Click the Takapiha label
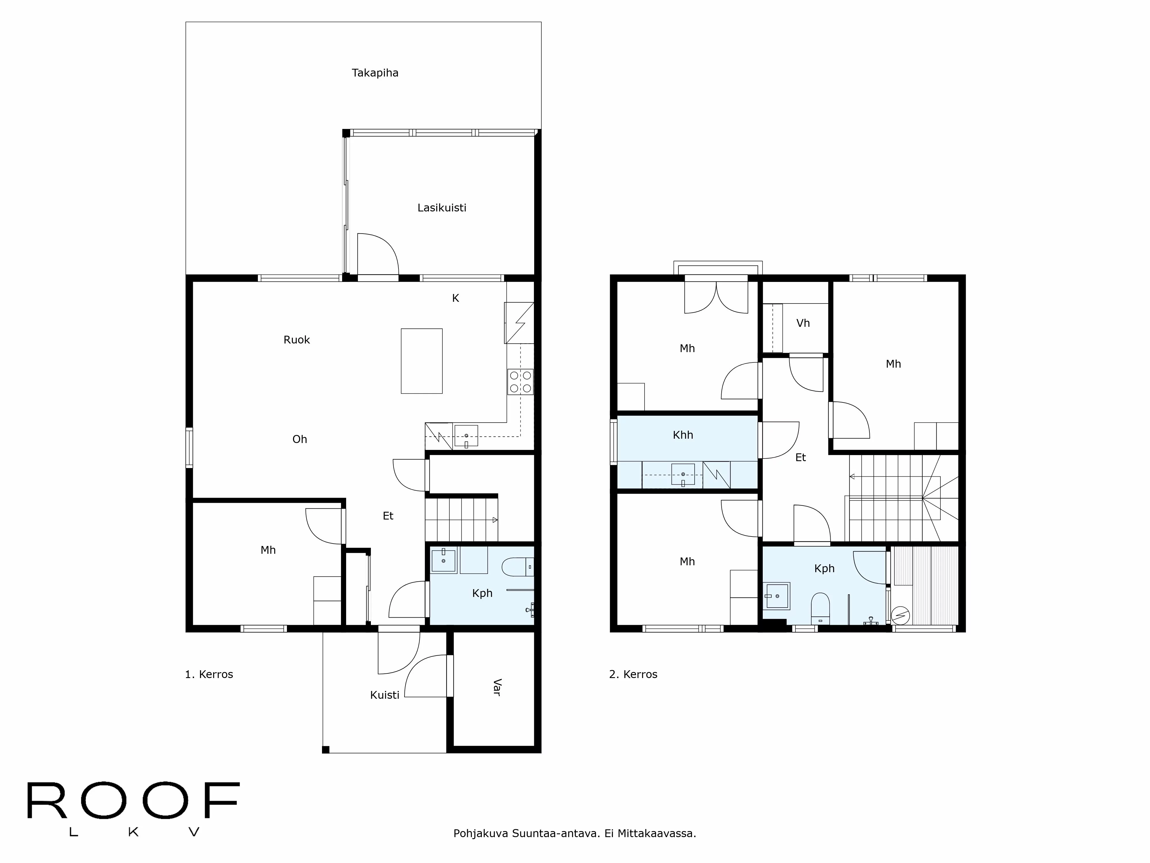375,73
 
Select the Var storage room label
497,687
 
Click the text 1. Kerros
209,675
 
